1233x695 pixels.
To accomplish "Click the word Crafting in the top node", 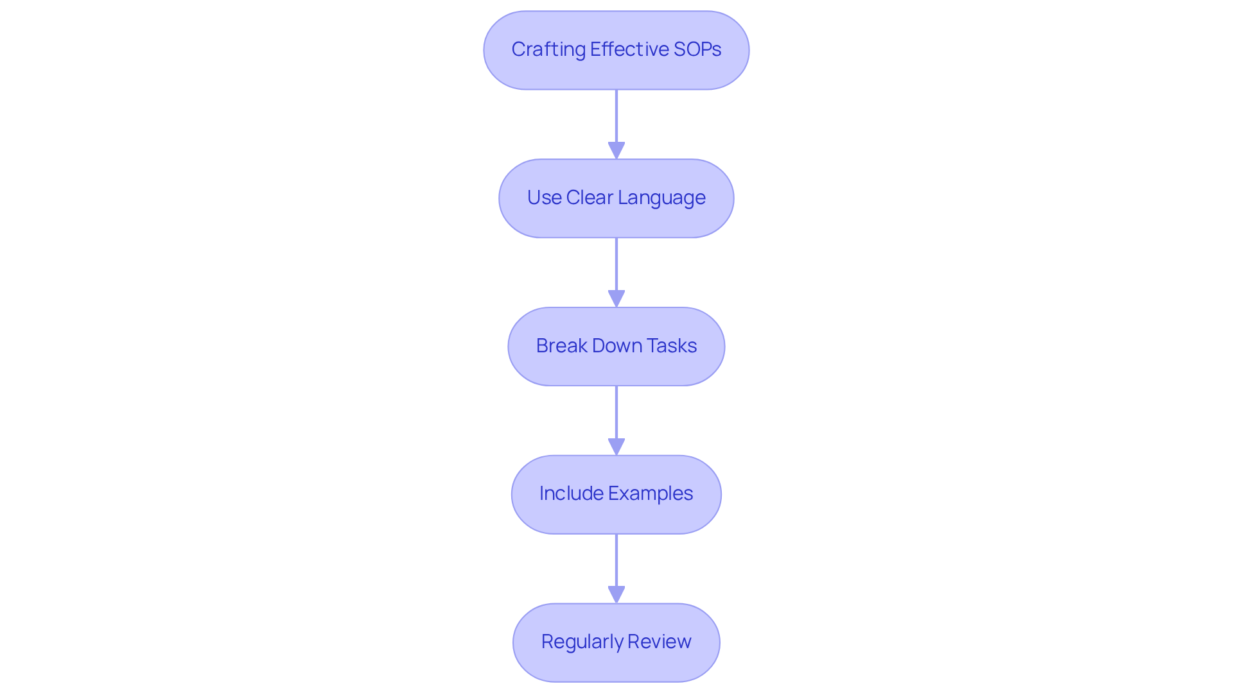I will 548,49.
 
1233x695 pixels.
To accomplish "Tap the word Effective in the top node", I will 629,49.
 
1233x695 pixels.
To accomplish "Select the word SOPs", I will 697,49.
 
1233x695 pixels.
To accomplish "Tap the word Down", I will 616,346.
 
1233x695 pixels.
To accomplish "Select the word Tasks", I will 672,346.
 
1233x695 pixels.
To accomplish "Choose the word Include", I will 571,493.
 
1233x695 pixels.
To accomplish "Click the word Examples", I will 651,493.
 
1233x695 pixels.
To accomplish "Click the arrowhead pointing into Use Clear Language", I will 616,151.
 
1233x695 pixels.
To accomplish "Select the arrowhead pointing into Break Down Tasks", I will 616,299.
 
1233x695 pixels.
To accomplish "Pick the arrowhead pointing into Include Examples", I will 616,447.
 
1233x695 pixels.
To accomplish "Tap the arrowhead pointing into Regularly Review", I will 616,595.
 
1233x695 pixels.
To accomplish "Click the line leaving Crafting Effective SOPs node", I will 616,116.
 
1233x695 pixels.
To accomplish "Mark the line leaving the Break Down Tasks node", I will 616,412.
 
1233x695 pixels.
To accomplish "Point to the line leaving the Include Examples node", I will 616,560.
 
